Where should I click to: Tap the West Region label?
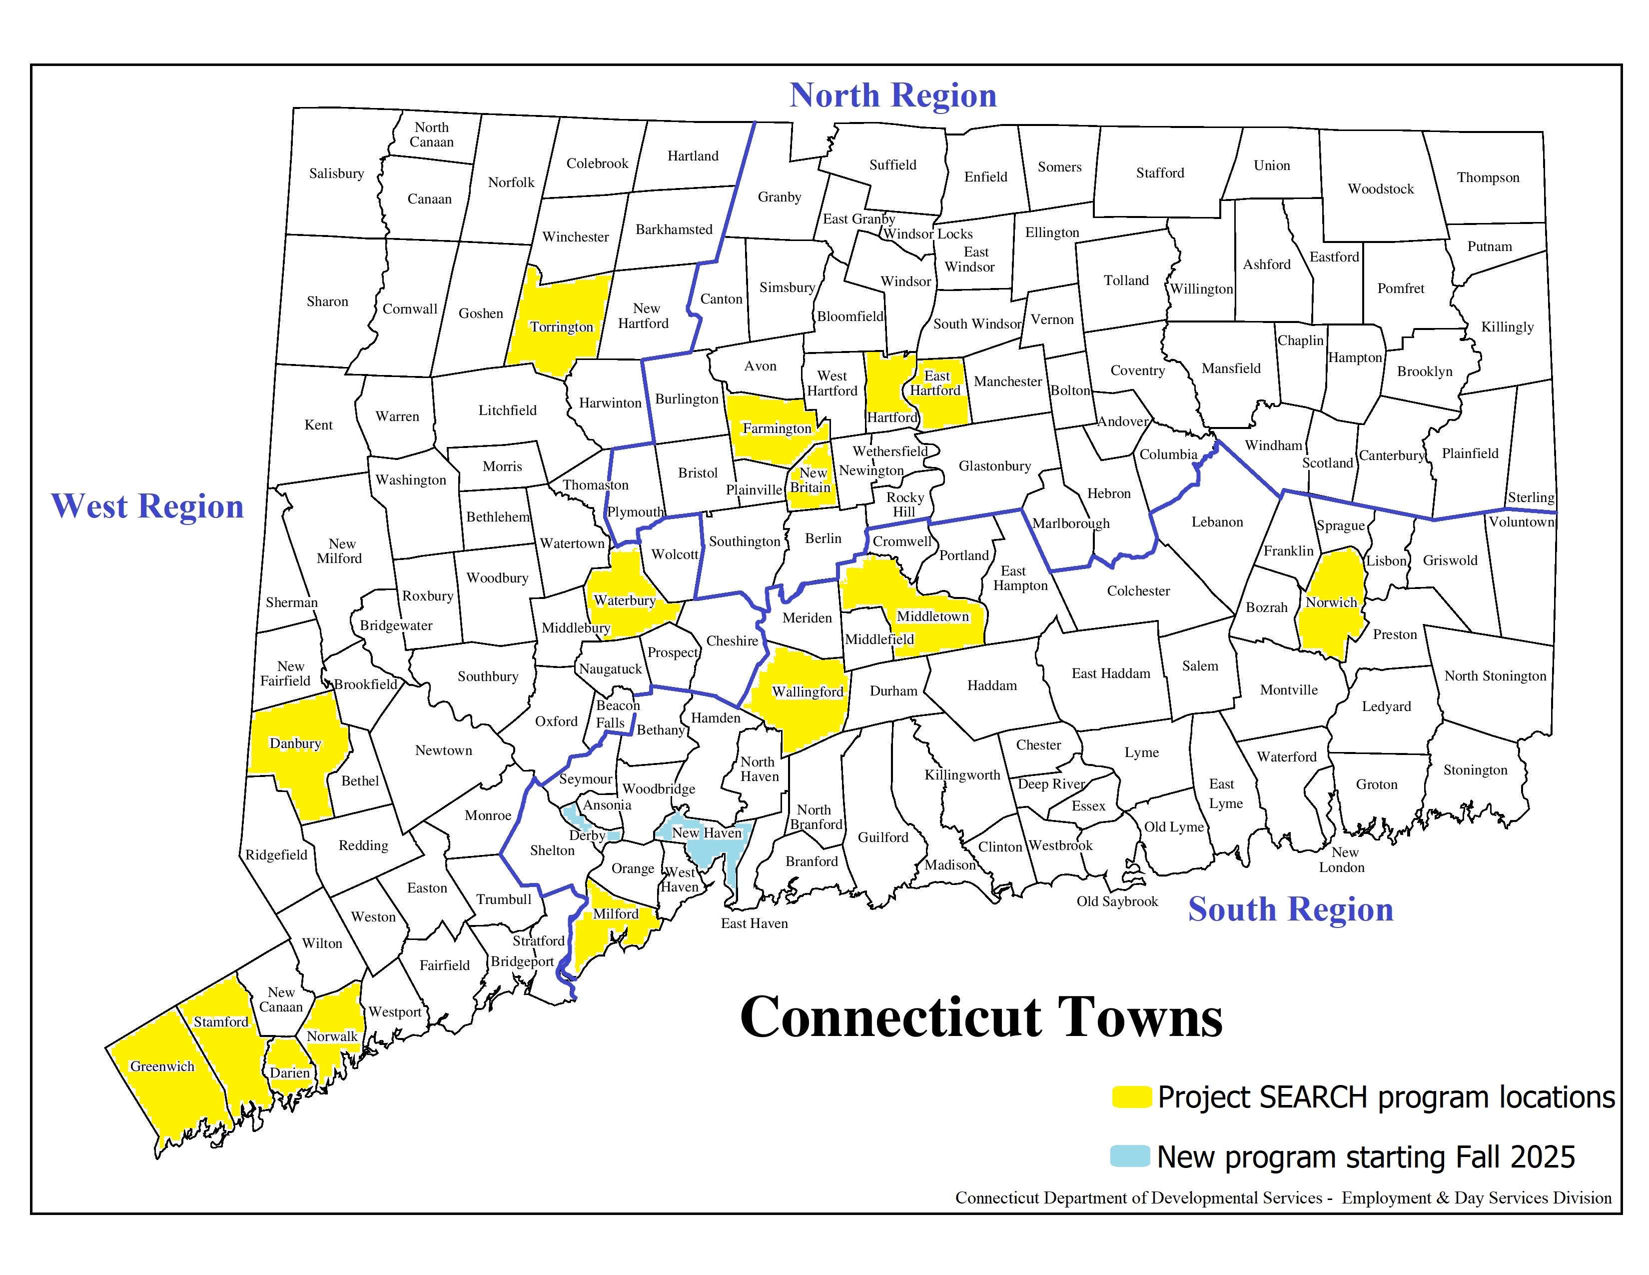pos(147,506)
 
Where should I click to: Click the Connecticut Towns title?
pos(981,1017)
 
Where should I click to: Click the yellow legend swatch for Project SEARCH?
pos(1131,1096)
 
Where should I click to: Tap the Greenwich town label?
pos(162,1066)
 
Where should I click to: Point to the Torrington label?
pos(561,327)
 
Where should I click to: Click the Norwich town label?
pos(1331,602)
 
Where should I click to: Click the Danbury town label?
pos(295,743)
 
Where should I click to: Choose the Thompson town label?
pos(1488,177)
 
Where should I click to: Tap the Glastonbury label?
pos(994,466)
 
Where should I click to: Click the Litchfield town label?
pos(507,410)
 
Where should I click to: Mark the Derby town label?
pos(587,835)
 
